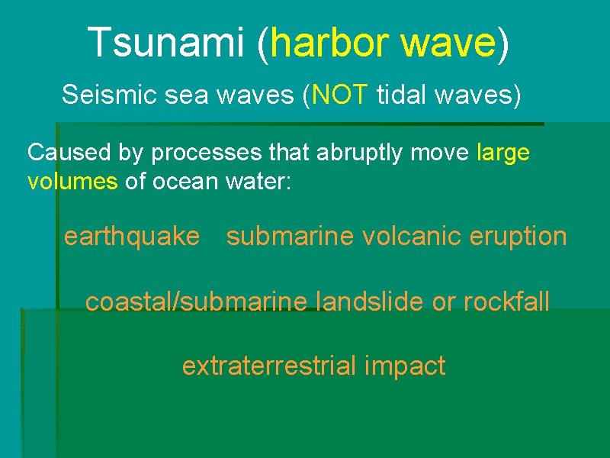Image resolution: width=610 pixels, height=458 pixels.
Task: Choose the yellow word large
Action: point(502,153)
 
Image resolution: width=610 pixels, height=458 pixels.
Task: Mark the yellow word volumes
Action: point(72,183)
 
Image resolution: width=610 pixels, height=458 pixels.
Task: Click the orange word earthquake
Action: point(131,237)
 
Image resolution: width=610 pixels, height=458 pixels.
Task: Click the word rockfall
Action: point(506,302)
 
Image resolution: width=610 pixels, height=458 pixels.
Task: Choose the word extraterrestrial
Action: point(269,366)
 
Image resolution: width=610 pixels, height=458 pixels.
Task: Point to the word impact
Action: point(405,366)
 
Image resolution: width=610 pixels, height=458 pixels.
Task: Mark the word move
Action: point(442,153)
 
